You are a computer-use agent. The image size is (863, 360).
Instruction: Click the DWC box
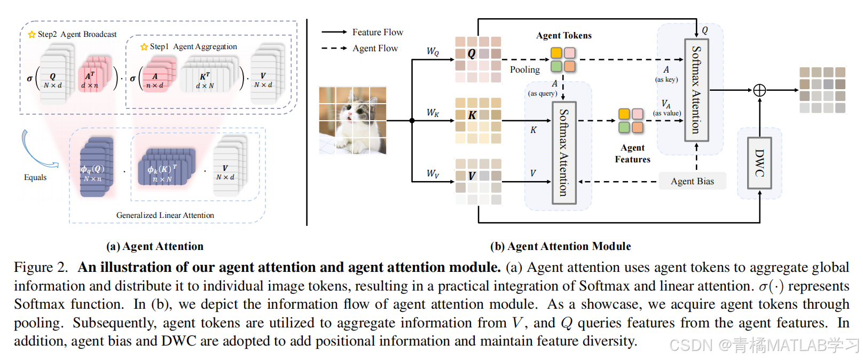pos(759,162)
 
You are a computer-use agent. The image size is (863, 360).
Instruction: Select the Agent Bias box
pos(692,181)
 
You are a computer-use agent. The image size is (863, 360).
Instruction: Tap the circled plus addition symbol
pos(759,90)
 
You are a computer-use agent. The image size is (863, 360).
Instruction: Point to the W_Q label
pos(433,51)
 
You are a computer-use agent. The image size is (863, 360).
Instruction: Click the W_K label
pos(433,113)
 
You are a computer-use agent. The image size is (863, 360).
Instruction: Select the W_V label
pos(433,174)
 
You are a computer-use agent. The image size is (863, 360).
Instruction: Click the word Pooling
pos(524,69)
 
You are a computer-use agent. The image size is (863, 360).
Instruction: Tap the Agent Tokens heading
pos(563,35)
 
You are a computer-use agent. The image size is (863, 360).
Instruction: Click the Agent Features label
pos(632,153)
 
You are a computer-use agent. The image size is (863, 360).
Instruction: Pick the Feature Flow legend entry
pos(378,32)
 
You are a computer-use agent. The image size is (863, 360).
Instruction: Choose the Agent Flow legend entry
pos(375,48)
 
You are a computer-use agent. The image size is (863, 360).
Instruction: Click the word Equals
pos(35,177)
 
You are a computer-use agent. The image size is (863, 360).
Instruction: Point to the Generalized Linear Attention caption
pos(165,215)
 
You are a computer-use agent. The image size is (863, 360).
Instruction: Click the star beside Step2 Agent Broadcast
pos(32,35)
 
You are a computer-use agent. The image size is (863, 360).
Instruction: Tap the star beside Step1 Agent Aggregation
pos(144,47)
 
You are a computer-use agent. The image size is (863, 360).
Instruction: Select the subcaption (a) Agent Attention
pos(155,246)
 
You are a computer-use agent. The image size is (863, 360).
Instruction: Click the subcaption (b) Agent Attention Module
pos(560,246)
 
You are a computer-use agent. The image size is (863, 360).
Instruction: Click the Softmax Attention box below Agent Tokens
pos(563,153)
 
